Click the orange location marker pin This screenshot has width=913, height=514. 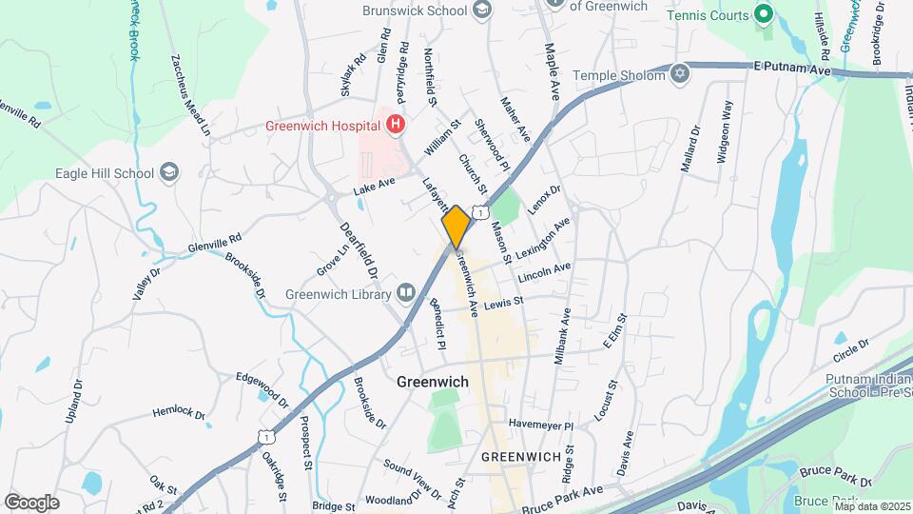tap(456, 227)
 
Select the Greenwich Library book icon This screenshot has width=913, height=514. tap(407, 293)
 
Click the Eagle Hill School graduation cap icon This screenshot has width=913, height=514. tap(169, 172)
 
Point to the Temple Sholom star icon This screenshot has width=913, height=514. tap(679, 74)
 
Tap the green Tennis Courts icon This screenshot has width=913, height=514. tap(762, 14)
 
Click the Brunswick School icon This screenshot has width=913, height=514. tap(482, 10)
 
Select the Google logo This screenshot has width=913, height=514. tap(31, 502)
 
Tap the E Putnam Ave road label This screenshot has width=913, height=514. tap(791, 69)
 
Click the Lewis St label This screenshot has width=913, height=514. tap(503, 303)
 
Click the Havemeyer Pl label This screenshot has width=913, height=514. tap(540, 425)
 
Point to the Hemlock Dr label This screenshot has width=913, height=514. tap(179, 412)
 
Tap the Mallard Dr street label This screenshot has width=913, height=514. tap(690, 149)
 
